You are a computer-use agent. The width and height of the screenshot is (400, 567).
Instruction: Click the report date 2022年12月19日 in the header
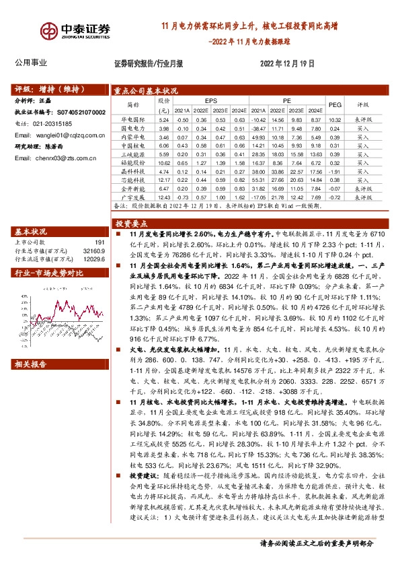click(287, 63)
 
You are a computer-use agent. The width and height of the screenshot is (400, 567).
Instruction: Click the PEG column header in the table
click(335, 105)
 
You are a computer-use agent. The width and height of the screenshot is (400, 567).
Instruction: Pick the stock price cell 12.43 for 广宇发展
click(163, 197)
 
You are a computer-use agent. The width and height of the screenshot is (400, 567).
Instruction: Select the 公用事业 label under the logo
click(31, 63)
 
